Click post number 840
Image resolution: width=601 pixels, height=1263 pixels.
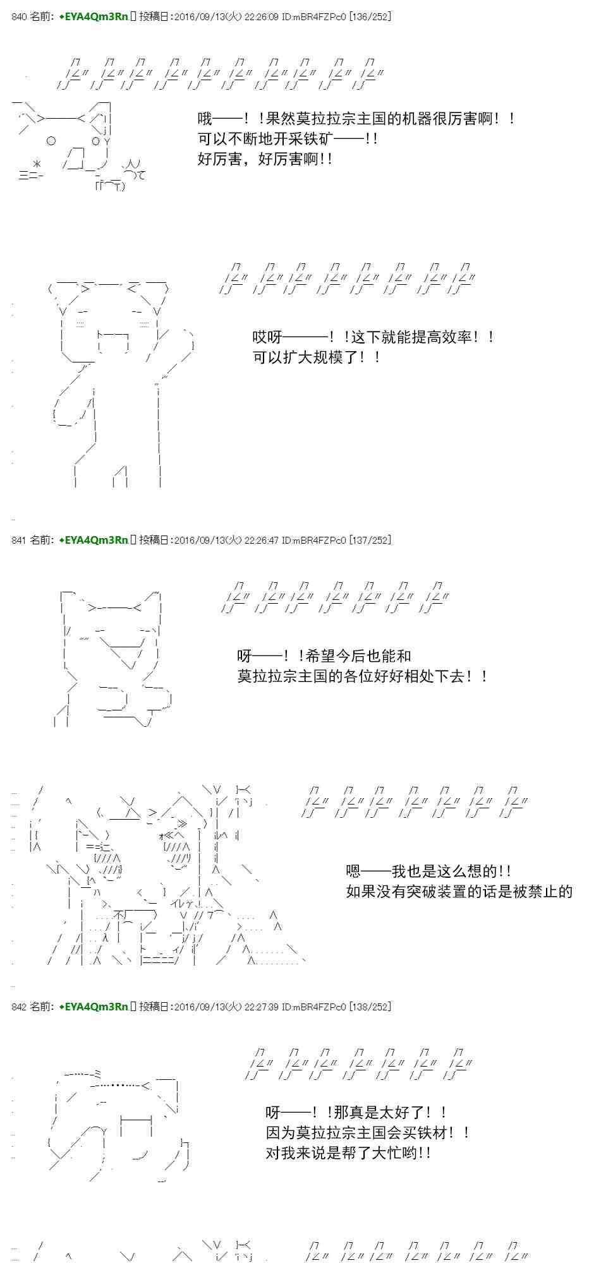click(19, 17)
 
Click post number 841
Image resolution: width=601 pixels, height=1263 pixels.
click(19, 540)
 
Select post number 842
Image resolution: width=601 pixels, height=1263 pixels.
click(19, 1007)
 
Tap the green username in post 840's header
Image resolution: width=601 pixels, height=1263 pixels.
click(94, 17)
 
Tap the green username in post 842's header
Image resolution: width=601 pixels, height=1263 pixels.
click(94, 1007)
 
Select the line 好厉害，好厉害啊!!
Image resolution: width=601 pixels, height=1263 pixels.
click(265, 159)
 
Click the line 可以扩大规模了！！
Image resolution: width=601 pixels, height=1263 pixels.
click(317, 357)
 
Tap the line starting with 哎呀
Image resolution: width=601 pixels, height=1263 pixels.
click(373, 337)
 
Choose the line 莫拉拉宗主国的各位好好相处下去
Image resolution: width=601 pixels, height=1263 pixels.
click(362, 676)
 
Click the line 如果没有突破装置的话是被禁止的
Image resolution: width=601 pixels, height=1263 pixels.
click(459, 892)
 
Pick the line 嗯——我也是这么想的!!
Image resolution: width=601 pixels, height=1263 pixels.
click(428, 871)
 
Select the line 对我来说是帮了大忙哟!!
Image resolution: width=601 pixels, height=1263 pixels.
click(348, 1153)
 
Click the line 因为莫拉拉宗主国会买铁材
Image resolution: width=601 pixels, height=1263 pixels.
click(367, 1133)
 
